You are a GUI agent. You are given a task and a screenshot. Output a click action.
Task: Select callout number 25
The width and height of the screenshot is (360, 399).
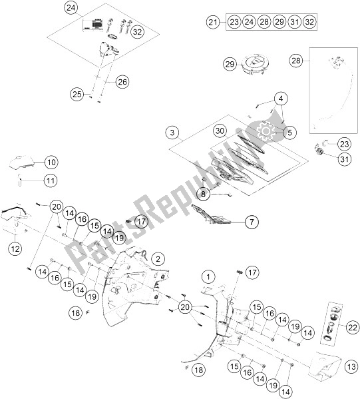(x=77, y=95)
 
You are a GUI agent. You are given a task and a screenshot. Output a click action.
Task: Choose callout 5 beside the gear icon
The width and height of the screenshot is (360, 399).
(x=289, y=133)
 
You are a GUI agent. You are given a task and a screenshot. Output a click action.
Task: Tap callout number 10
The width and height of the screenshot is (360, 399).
(x=51, y=162)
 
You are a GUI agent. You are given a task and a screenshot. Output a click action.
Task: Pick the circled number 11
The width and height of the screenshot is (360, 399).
(x=51, y=180)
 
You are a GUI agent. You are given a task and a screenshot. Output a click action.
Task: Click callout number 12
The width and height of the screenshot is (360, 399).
(x=15, y=248)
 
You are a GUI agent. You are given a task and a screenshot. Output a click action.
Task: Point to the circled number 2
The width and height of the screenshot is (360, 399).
(x=157, y=258)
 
